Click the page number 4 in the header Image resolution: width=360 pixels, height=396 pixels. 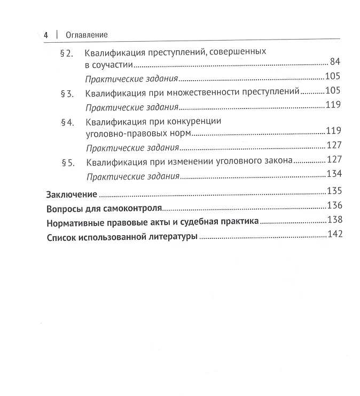tap(46, 34)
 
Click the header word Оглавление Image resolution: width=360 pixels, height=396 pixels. tap(87, 35)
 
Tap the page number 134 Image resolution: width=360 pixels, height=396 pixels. tap(333, 174)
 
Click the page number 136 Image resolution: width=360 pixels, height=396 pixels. tap(333, 206)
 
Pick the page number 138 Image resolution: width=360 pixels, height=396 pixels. tap(333, 221)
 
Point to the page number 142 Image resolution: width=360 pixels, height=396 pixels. tap(333, 236)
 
